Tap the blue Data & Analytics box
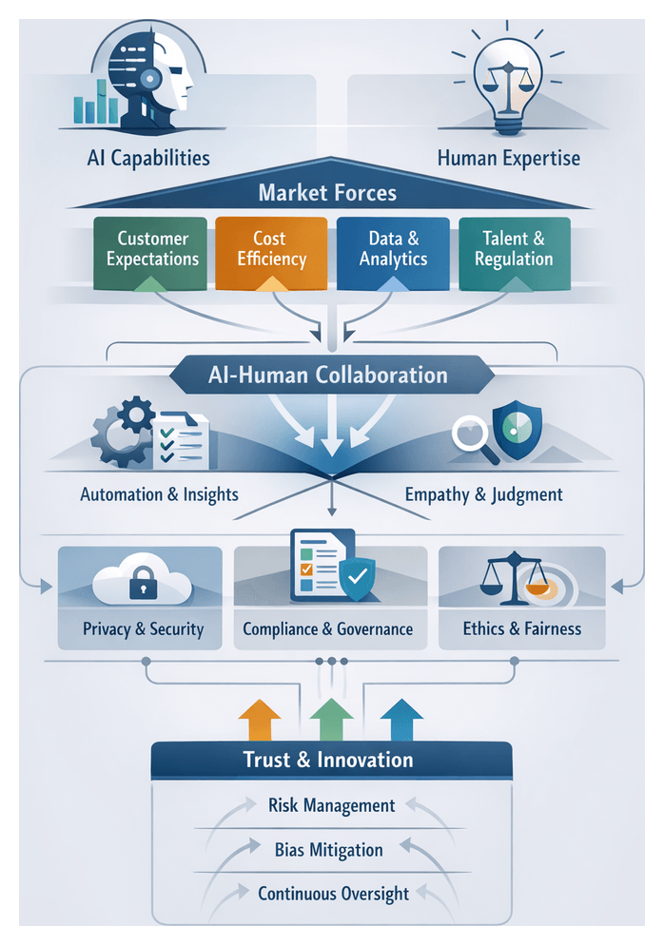393,249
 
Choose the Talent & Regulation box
514,249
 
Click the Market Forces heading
327,194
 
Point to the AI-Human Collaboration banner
328,375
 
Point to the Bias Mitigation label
328,849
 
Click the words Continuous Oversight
333,894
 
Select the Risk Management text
331,805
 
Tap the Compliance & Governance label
327,629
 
